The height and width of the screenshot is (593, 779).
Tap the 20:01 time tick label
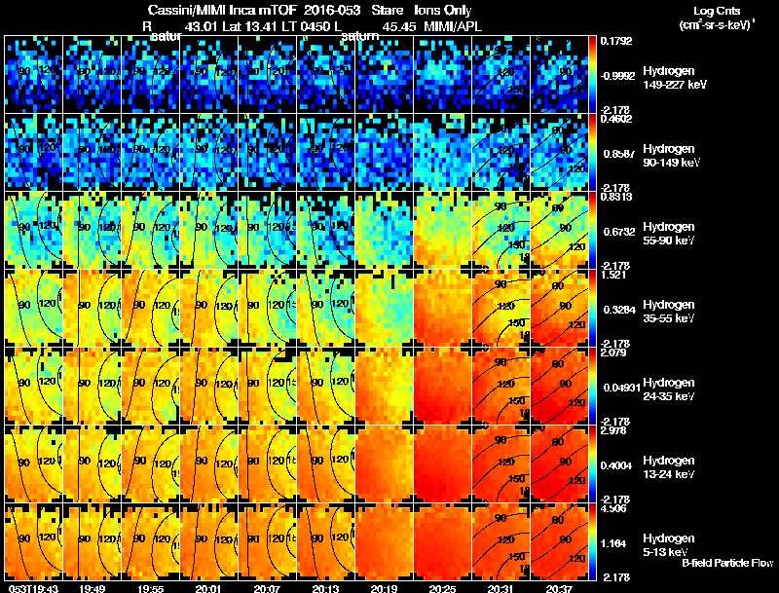pos(208,588)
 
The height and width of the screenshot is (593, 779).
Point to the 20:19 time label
pos(384,588)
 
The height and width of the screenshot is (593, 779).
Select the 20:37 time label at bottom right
pos(559,588)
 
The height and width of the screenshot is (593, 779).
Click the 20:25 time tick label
pos(442,588)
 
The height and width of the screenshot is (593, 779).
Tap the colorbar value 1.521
pos(613,276)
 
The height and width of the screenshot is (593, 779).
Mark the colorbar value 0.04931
pos(620,389)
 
